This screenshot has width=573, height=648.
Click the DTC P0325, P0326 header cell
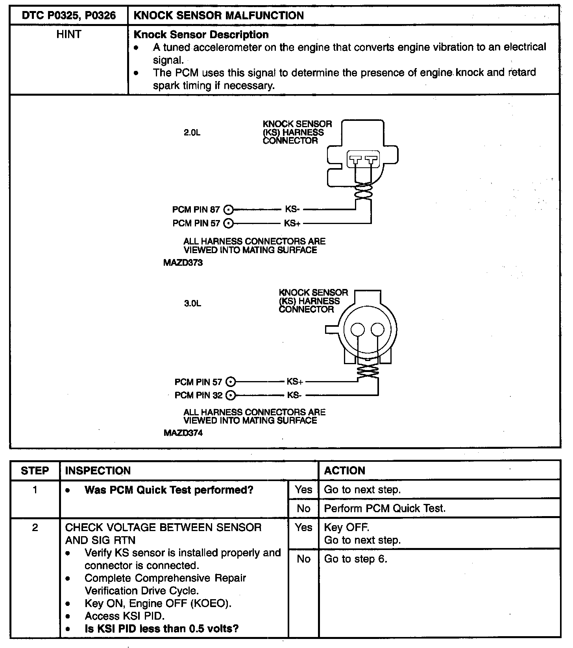(x=69, y=16)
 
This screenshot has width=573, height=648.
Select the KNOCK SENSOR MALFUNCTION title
(x=219, y=16)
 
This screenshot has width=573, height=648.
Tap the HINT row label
(x=69, y=35)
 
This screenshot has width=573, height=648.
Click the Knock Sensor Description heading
(x=201, y=35)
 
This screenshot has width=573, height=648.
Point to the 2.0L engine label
(x=192, y=133)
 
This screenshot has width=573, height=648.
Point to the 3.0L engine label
(x=192, y=304)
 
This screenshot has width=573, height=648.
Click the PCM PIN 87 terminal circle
(x=229, y=209)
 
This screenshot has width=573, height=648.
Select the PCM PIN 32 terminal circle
(x=231, y=395)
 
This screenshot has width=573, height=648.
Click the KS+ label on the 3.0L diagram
(x=295, y=381)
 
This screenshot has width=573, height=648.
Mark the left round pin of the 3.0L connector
(x=358, y=329)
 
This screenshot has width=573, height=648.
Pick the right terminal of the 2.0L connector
(x=371, y=160)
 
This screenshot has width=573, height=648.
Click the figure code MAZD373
(x=183, y=263)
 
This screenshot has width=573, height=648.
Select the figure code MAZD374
(x=183, y=433)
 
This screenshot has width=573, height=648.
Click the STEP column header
(x=35, y=470)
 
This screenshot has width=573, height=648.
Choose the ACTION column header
(x=344, y=470)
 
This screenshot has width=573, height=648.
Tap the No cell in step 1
(x=303, y=508)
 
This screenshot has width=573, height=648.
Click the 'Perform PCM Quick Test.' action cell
(x=384, y=508)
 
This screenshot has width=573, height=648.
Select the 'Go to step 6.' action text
(x=355, y=559)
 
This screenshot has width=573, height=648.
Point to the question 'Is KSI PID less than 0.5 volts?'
(x=162, y=629)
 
